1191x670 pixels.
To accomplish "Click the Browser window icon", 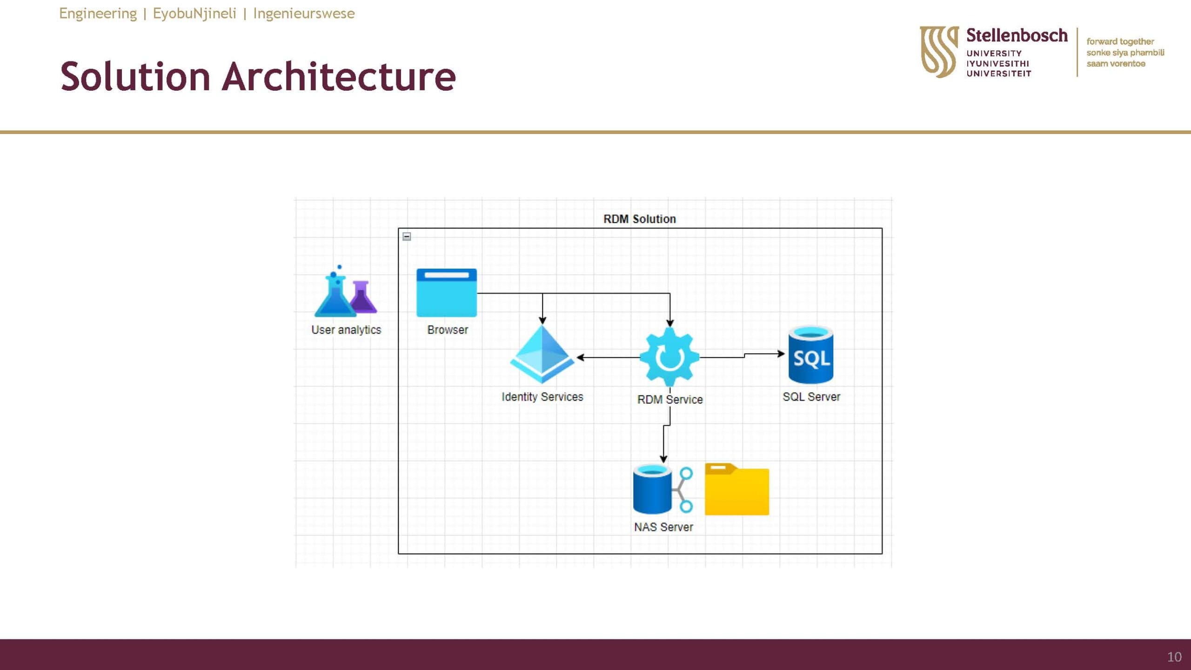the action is click(447, 293).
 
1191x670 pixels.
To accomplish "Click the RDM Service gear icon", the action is click(669, 357).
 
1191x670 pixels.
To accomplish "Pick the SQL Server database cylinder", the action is click(811, 355).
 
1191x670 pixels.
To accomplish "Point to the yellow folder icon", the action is click(737, 489).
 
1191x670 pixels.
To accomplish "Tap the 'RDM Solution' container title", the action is click(640, 219).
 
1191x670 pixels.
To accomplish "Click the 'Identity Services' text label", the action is click(542, 397).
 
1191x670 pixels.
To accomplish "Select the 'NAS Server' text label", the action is click(663, 527).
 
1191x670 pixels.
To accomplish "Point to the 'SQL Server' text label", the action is click(811, 397).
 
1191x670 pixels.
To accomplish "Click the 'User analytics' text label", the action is click(346, 330).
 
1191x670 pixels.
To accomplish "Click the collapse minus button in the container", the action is click(407, 236).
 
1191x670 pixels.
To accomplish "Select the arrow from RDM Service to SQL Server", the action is click(743, 355).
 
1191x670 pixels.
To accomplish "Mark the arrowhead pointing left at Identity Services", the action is click(580, 357).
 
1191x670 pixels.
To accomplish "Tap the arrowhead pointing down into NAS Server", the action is click(663, 459).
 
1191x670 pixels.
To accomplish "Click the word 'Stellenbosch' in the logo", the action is click(1017, 35).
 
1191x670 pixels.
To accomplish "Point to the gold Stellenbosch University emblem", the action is click(939, 52).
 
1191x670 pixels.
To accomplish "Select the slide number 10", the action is click(1174, 657).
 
